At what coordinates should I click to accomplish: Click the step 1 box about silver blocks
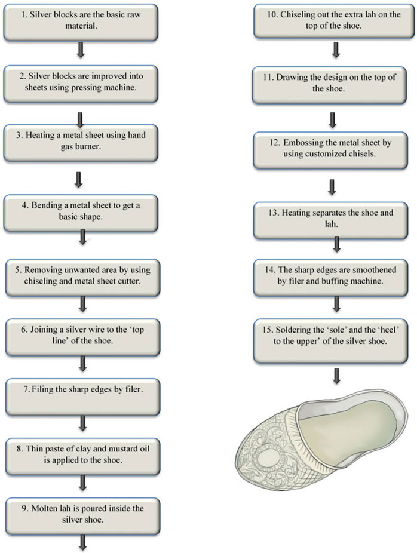(81, 22)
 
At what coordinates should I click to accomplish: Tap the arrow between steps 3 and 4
(79, 180)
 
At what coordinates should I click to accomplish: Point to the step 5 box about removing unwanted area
(82, 278)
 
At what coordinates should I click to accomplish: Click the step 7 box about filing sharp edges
(82, 397)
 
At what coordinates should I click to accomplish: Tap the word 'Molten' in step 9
(42, 508)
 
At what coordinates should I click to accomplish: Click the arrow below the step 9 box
(82, 543)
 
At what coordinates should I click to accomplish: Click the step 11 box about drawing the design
(329, 85)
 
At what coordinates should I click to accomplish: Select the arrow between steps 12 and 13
(332, 187)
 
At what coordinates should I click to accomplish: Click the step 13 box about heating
(330, 220)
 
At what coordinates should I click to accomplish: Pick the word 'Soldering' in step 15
(293, 330)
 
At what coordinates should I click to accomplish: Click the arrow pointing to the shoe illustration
(337, 376)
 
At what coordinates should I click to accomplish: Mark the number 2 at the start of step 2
(22, 76)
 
